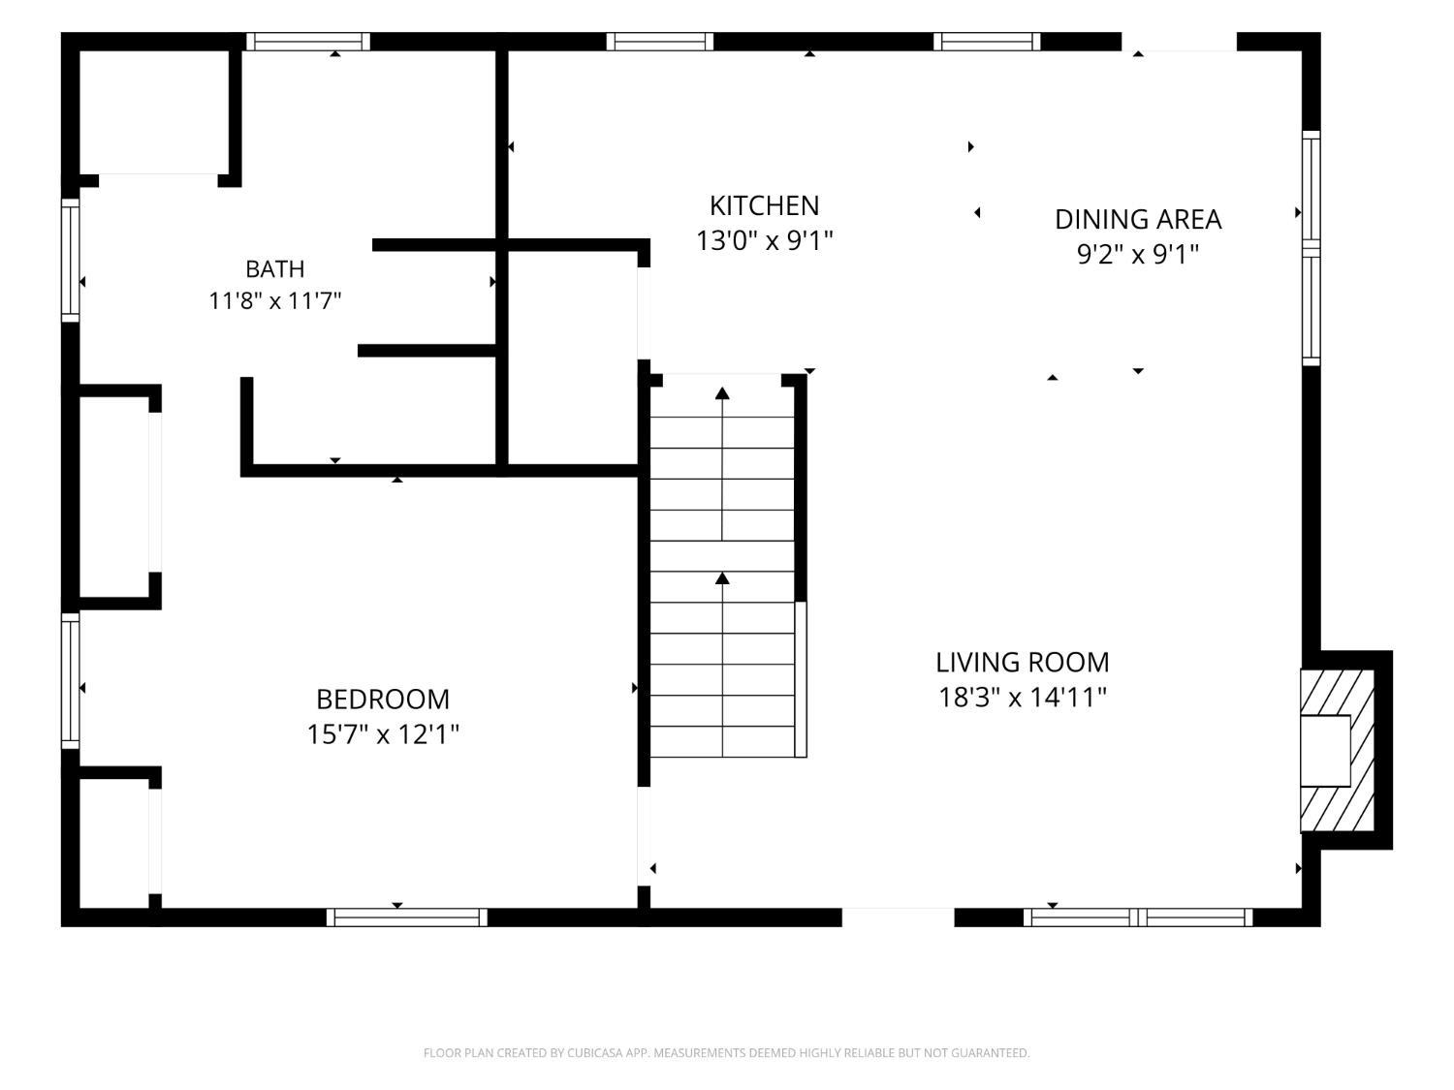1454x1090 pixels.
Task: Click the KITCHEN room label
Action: point(764,205)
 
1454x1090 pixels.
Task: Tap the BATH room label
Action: point(275,269)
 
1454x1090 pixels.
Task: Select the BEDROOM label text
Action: point(383,700)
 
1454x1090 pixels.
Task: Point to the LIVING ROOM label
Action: point(1022,663)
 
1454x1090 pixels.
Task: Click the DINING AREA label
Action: point(1138,220)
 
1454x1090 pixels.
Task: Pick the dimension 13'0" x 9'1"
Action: point(764,241)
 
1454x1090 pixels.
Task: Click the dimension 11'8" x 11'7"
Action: point(275,301)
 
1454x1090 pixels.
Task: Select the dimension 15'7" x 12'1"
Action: point(383,734)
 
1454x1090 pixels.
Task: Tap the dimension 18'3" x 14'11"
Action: point(1022,698)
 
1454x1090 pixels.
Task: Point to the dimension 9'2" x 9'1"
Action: point(1138,254)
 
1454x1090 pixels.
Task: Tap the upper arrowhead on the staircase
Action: point(722,393)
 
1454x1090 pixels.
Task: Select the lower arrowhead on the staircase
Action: point(722,577)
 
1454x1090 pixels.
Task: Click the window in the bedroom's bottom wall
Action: point(407,918)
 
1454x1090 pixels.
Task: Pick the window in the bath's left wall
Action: point(70,260)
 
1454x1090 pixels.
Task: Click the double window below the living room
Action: point(1138,918)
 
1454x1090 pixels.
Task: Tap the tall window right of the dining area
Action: point(1311,248)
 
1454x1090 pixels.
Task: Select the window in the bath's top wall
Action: point(308,42)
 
